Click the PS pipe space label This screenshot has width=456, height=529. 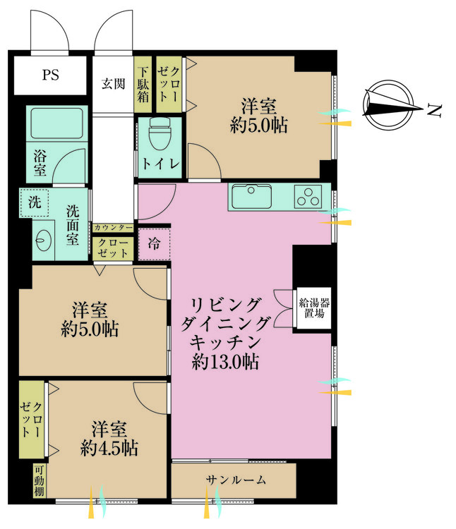coord(51,75)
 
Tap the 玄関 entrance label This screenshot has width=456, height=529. coord(114,84)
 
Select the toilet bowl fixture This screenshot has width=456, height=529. coord(160,134)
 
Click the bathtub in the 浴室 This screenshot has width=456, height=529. coord(57,123)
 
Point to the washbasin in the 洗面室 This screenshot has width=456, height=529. coord(44,240)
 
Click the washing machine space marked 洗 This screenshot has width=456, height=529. coord(34,202)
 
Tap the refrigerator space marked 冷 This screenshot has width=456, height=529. coord(154,243)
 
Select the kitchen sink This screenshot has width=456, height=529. coord(251,196)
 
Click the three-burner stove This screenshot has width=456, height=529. coord(308,196)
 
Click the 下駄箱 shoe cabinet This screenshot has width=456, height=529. coord(143,85)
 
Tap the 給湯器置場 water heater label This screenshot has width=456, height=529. coord(314,308)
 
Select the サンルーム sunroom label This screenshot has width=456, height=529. coord(236,480)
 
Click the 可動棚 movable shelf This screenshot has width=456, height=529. coord(39,481)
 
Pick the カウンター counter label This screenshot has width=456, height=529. coord(113,228)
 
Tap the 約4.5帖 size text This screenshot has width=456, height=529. coord(109,449)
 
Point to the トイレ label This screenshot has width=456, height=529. coord(160,164)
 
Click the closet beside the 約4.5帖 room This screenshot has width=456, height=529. coord(31,420)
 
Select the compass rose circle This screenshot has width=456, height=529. coord(388,104)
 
